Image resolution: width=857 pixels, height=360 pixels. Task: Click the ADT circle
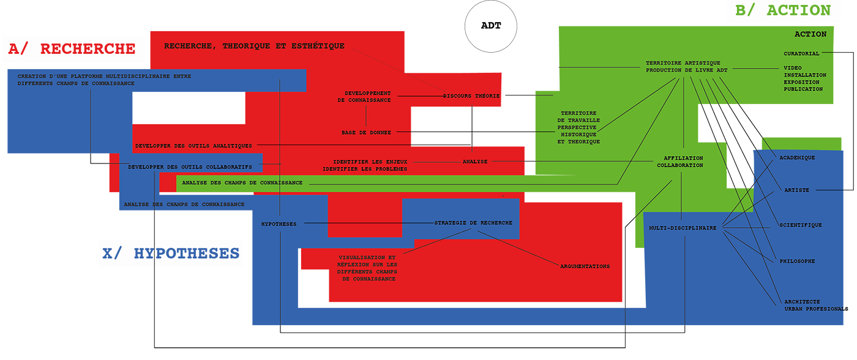click(x=491, y=26)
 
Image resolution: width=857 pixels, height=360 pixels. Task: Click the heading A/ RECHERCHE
click(x=72, y=49)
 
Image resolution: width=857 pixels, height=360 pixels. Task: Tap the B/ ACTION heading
click(x=783, y=10)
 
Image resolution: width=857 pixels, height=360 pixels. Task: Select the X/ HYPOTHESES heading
click(x=171, y=253)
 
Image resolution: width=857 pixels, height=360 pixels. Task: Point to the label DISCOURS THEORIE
click(x=471, y=96)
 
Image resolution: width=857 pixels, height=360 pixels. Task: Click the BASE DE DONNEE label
click(x=366, y=133)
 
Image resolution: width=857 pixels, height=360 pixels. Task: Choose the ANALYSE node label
click(x=475, y=162)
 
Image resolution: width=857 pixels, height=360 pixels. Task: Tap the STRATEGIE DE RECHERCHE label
click(x=473, y=223)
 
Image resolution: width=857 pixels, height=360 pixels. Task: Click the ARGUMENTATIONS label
click(x=585, y=266)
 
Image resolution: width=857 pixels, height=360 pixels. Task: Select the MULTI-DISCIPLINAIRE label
click(x=683, y=228)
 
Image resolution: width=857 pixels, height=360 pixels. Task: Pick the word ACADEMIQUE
click(x=797, y=157)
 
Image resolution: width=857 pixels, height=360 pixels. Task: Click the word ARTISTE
click(x=797, y=190)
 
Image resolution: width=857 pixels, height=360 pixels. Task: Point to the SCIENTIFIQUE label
click(x=801, y=225)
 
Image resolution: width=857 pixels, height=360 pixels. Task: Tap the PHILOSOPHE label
click(x=797, y=261)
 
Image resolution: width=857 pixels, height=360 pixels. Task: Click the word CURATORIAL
click(x=801, y=53)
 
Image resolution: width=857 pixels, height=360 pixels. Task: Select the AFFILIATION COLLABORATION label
click(x=680, y=162)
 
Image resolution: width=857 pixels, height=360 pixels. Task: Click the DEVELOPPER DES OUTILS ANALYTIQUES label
click(x=193, y=146)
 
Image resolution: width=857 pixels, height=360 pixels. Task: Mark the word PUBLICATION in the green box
click(x=803, y=89)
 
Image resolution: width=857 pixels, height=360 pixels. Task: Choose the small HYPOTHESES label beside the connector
click(x=279, y=224)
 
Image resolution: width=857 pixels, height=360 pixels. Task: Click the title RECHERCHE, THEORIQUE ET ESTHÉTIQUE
click(x=255, y=46)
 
